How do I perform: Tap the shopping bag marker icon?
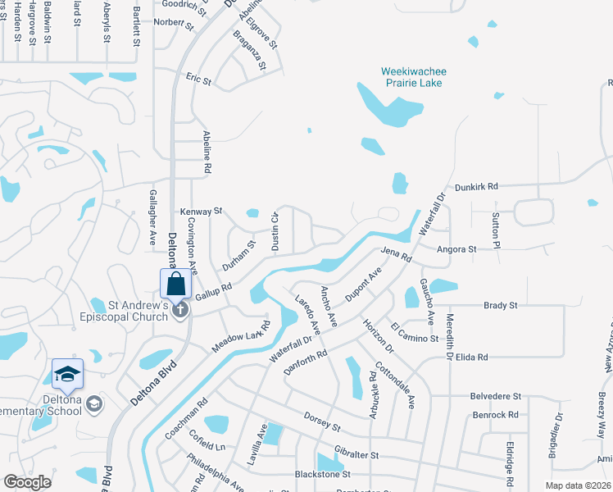pyautogui.click(x=175, y=285)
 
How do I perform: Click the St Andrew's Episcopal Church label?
pyautogui.click(x=130, y=311)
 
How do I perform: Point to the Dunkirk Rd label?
pyautogui.click(x=477, y=187)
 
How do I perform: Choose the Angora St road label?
pyautogui.click(x=457, y=249)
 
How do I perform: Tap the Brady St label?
pyautogui.click(x=501, y=305)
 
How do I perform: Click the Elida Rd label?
pyautogui.click(x=471, y=358)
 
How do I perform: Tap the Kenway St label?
pyautogui.click(x=202, y=212)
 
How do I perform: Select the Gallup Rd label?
pyautogui.click(x=214, y=291)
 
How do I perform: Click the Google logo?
pyautogui.click(x=27, y=481)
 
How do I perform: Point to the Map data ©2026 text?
pyautogui.click(x=578, y=485)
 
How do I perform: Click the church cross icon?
pyautogui.click(x=181, y=310)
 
